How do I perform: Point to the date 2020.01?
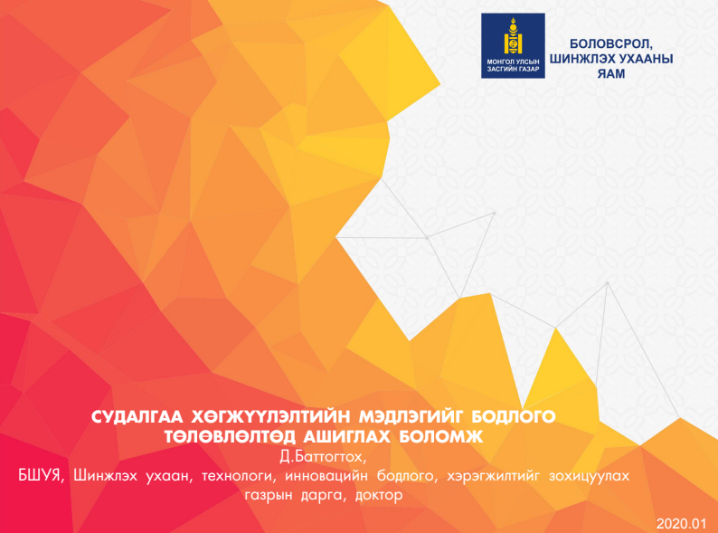pyautogui.click(x=682, y=524)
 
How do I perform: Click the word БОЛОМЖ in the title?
pyautogui.click(x=448, y=437)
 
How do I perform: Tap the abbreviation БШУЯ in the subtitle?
pyautogui.click(x=43, y=475)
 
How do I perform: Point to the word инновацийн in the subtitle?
pyautogui.click(x=326, y=475)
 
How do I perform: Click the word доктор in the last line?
pyautogui.click(x=378, y=496)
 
